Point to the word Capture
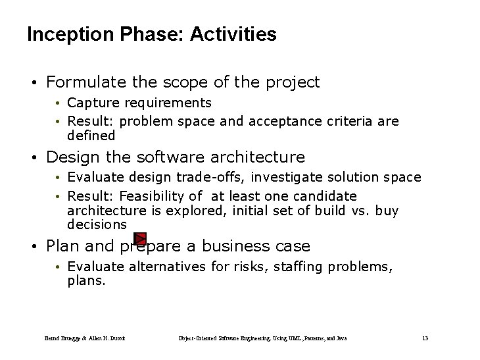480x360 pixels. tap(91, 103)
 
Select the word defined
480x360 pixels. tap(91, 136)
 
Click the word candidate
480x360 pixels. tap(327, 196)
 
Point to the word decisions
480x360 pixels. tap(97, 224)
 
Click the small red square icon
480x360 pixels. tap(139, 238)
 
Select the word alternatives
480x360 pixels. tap(165, 267)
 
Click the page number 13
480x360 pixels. tap(425, 338)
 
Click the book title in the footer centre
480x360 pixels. tap(262, 338)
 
